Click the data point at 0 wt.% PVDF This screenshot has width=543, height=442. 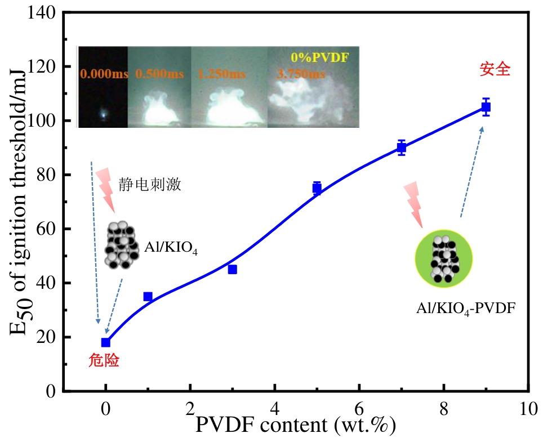105,342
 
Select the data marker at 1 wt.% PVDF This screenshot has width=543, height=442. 148,296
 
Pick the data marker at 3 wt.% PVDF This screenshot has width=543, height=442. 232,269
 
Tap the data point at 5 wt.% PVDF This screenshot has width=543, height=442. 317,189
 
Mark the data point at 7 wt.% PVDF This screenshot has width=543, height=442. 402,148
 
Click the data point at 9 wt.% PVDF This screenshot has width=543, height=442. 486,106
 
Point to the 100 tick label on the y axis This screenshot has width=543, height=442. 43,121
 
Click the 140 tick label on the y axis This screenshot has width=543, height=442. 43,13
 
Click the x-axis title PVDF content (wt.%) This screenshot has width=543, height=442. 295,425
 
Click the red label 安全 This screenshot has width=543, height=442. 495,70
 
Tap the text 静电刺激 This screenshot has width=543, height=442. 150,185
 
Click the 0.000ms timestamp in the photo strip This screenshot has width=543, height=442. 104,74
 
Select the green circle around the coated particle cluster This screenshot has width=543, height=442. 443,258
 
